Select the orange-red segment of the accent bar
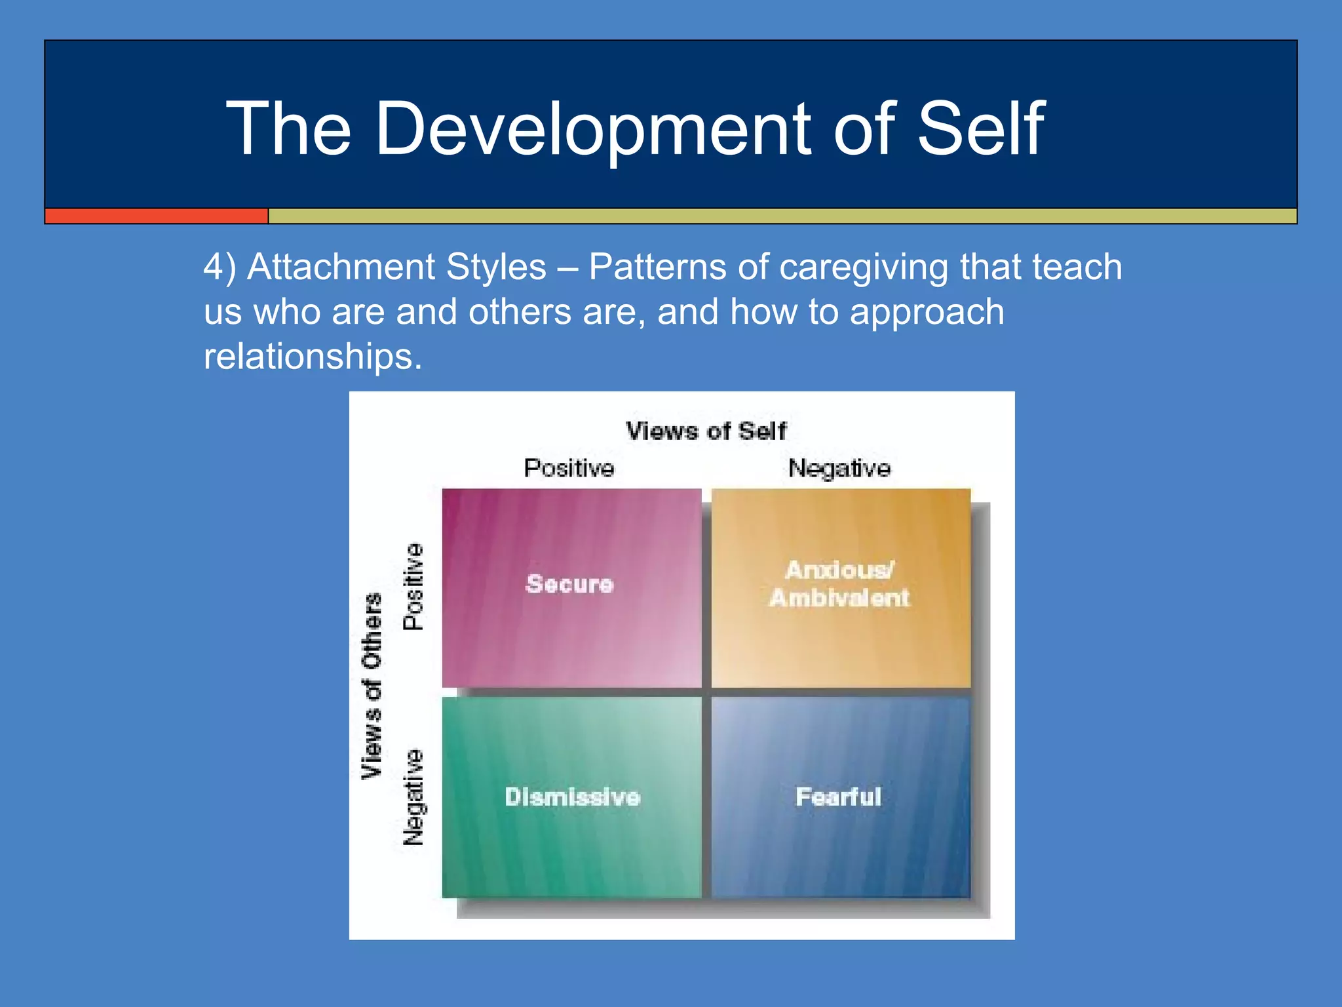pyautogui.click(x=157, y=216)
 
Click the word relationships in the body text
pyautogui.click(x=313, y=357)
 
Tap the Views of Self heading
pyautogui.click(x=706, y=431)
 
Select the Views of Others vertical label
pyautogui.click(x=372, y=686)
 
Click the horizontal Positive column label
pyautogui.click(x=569, y=468)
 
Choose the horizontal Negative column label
pyautogui.click(x=839, y=468)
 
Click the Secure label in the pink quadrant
pyautogui.click(x=570, y=583)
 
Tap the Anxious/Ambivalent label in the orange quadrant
pyautogui.click(x=840, y=583)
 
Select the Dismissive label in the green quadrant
pyautogui.click(x=572, y=797)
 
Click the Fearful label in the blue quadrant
pyautogui.click(x=838, y=797)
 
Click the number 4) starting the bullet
pyautogui.click(x=220, y=268)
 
